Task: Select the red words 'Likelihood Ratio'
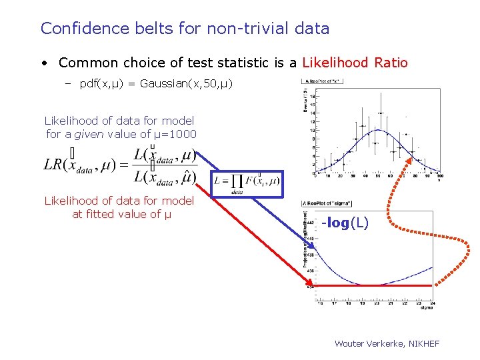point(355,63)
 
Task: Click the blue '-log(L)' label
point(344,223)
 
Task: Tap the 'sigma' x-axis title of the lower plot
point(427,308)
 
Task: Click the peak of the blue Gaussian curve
point(377,130)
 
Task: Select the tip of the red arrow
point(311,285)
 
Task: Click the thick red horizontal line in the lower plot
point(373,285)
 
